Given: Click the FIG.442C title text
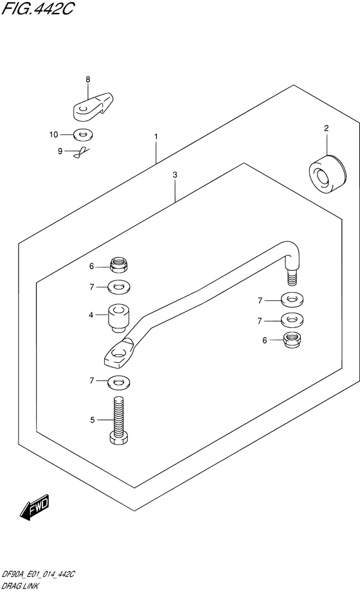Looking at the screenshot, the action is (x=37, y=9).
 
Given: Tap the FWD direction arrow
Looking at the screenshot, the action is (x=35, y=507).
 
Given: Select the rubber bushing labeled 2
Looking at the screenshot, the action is (x=327, y=174).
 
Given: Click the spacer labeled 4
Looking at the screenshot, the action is (x=119, y=319).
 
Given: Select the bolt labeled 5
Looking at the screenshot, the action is (x=119, y=421).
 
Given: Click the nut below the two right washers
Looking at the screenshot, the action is (x=292, y=340).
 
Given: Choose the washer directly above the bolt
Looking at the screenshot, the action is (x=119, y=381).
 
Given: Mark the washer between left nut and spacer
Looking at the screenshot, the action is (x=119, y=287).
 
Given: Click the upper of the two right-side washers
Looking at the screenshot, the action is (x=292, y=300).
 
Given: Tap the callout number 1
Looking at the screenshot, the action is (x=156, y=136).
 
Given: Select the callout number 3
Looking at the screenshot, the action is (x=175, y=175).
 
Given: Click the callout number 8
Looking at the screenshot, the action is (x=87, y=79).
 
